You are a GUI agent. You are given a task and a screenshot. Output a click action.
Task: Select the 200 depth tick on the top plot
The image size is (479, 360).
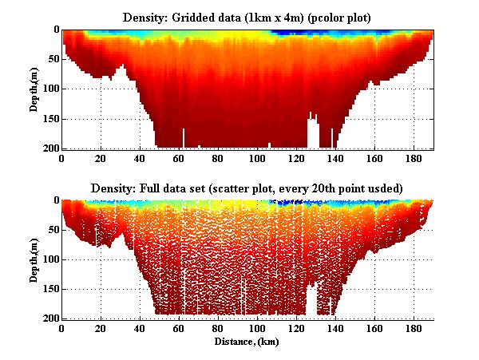[49, 149]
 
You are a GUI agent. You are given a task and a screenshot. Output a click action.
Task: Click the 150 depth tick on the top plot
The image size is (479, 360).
[49, 120]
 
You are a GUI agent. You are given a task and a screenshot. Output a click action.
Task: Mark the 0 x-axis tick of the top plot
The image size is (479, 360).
[62, 158]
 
